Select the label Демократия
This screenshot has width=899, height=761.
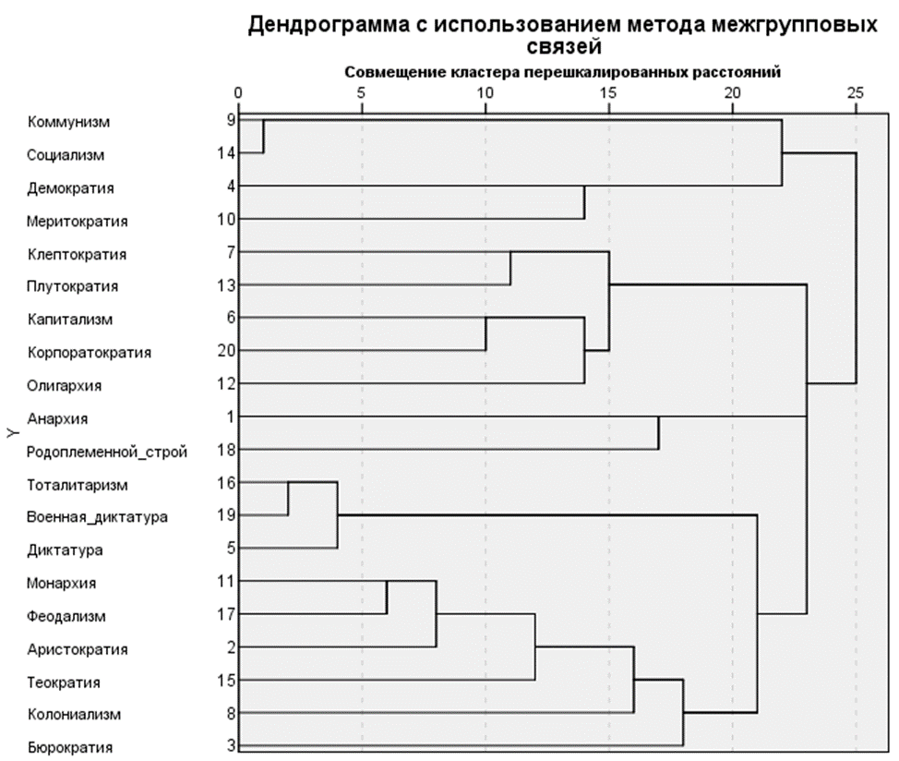71,188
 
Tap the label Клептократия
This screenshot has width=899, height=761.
77,254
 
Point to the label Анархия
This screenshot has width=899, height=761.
57,418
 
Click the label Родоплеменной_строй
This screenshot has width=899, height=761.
107,452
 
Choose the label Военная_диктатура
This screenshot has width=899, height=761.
97,517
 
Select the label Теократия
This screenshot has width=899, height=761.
64,682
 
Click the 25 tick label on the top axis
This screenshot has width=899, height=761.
856,93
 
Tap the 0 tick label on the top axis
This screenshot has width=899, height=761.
239,93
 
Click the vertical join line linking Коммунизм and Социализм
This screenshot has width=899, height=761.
264,137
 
